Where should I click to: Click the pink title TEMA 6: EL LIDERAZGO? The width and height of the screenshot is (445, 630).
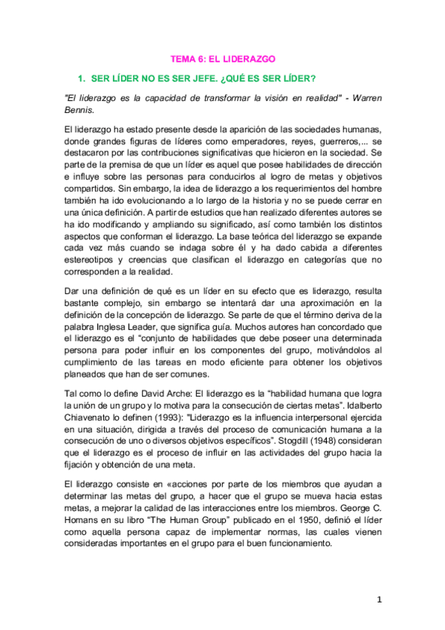[x=223, y=58]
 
